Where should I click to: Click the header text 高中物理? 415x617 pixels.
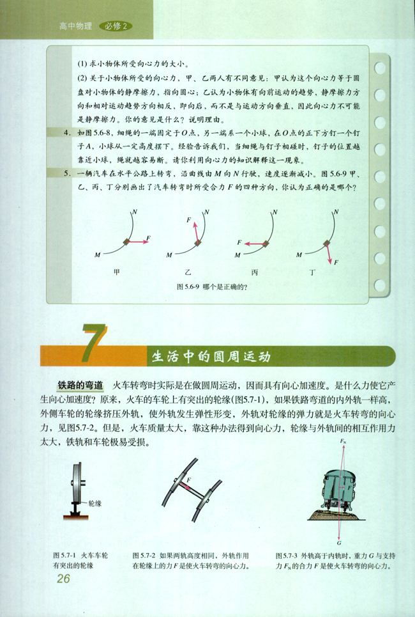(x=75, y=26)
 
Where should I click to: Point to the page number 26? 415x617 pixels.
(x=63, y=579)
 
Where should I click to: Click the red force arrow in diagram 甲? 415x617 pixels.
(x=137, y=240)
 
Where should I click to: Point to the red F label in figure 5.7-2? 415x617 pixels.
(x=188, y=478)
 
